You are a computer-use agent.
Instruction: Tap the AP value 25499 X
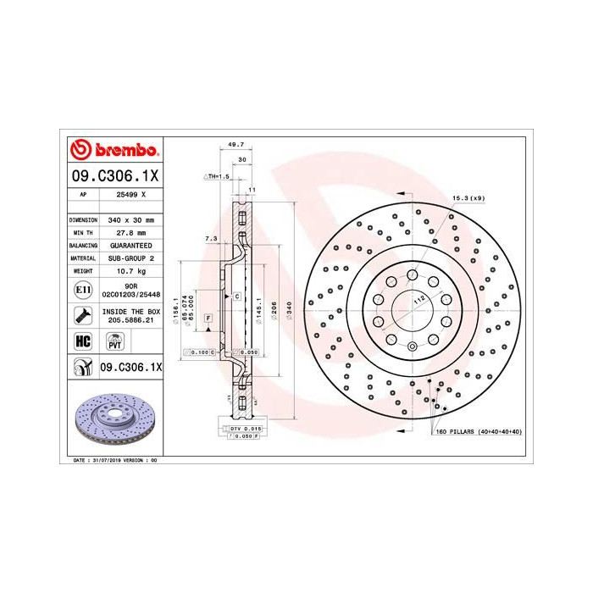click(x=129, y=195)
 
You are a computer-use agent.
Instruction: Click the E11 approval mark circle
click(x=83, y=289)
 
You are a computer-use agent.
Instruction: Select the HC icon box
click(x=83, y=341)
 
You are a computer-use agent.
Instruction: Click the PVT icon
click(x=114, y=341)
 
